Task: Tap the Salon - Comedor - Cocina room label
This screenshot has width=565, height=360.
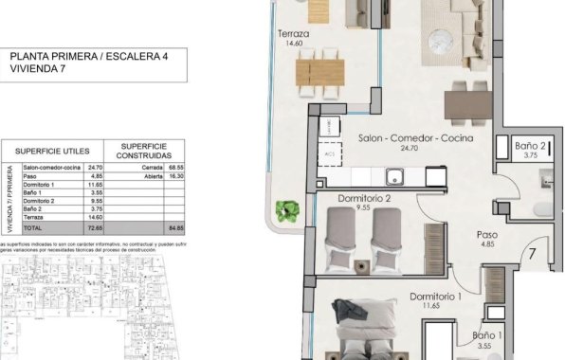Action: (x=415, y=138)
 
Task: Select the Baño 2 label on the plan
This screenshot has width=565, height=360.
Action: (x=531, y=147)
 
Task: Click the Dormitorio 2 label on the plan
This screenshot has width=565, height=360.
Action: (x=364, y=199)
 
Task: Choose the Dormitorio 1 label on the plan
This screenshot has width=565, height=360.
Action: (x=435, y=297)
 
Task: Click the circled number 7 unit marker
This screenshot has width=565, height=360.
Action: (x=534, y=254)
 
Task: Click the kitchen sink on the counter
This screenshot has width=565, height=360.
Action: (x=394, y=176)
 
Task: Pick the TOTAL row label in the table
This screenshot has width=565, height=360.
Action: (x=33, y=228)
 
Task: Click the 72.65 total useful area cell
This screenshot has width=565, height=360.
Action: (x=93, y=228)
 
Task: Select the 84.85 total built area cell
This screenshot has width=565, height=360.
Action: (x=174, y=228)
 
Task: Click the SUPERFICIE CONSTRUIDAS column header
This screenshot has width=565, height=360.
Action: (x=148, y=152)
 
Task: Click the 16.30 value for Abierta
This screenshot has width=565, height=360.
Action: (x=174, y=175)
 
